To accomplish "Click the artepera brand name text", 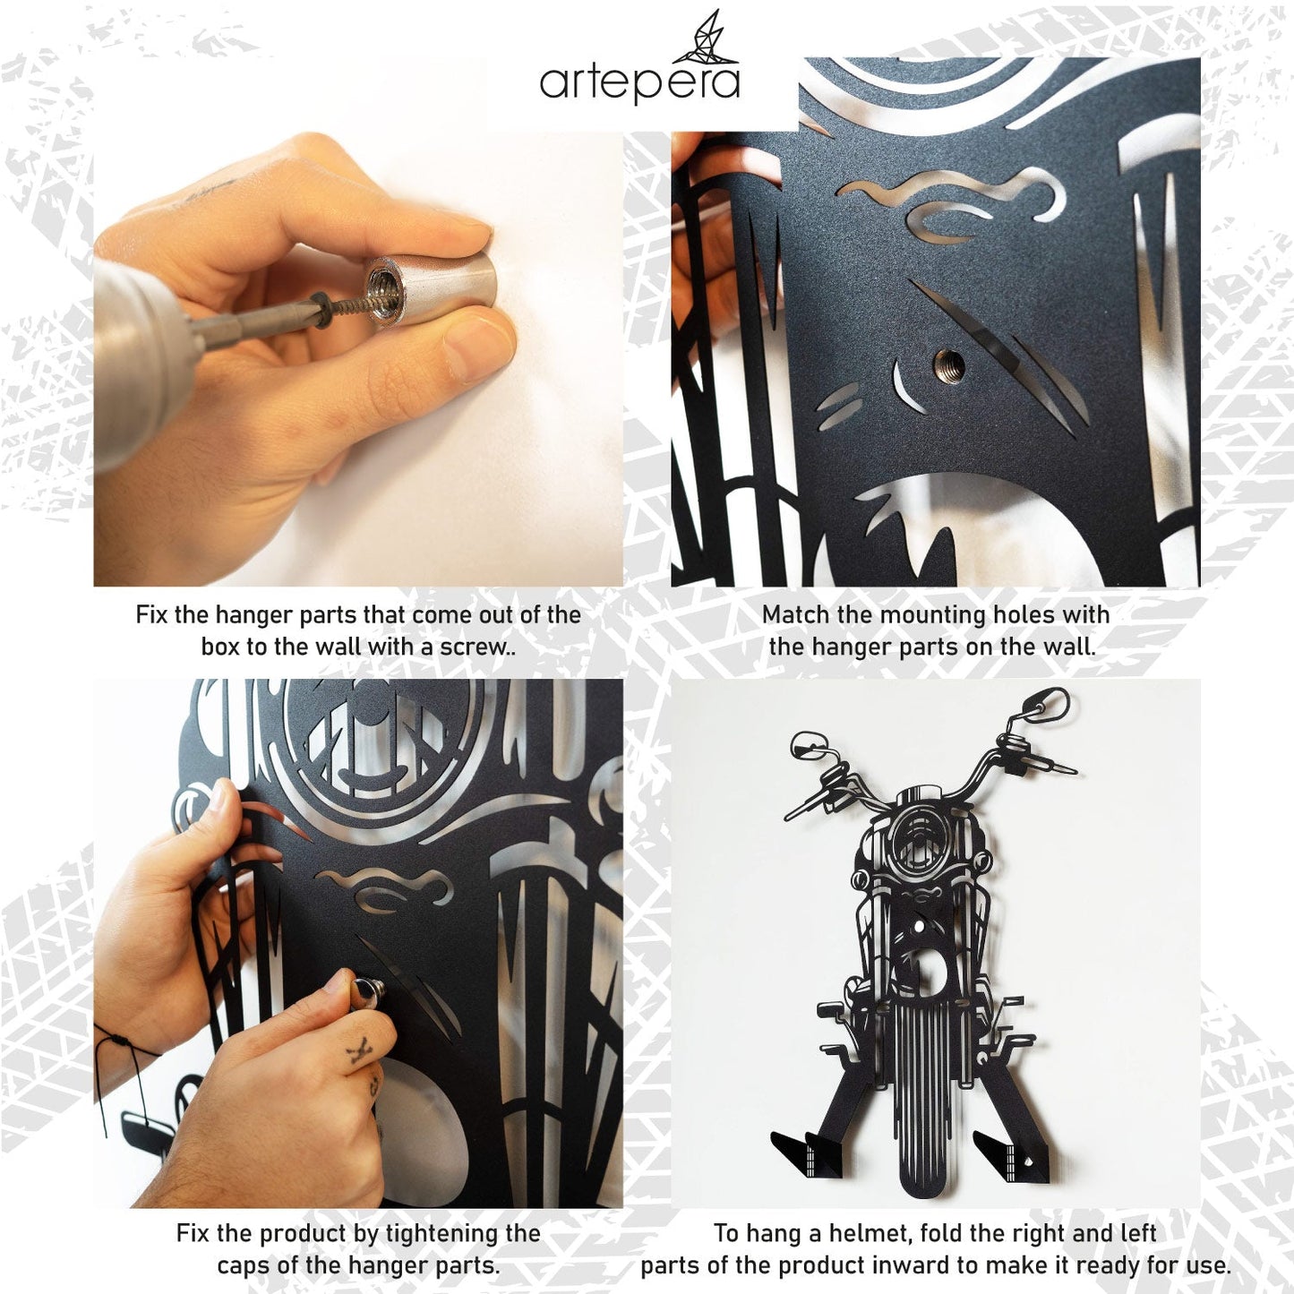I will pos(639,82).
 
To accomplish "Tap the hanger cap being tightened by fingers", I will pos(368,992).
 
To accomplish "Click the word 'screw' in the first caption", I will pos(472,647).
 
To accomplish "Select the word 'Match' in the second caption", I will pos(795,615).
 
